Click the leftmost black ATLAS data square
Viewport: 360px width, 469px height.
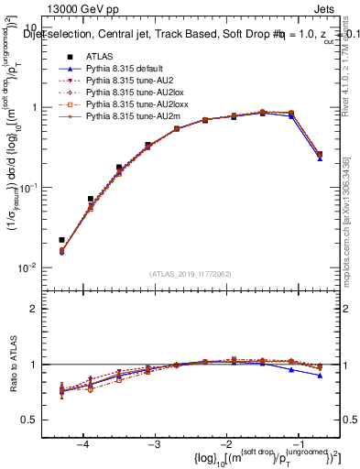pos(61,240)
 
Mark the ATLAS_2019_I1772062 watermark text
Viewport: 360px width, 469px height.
pos(191,274)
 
